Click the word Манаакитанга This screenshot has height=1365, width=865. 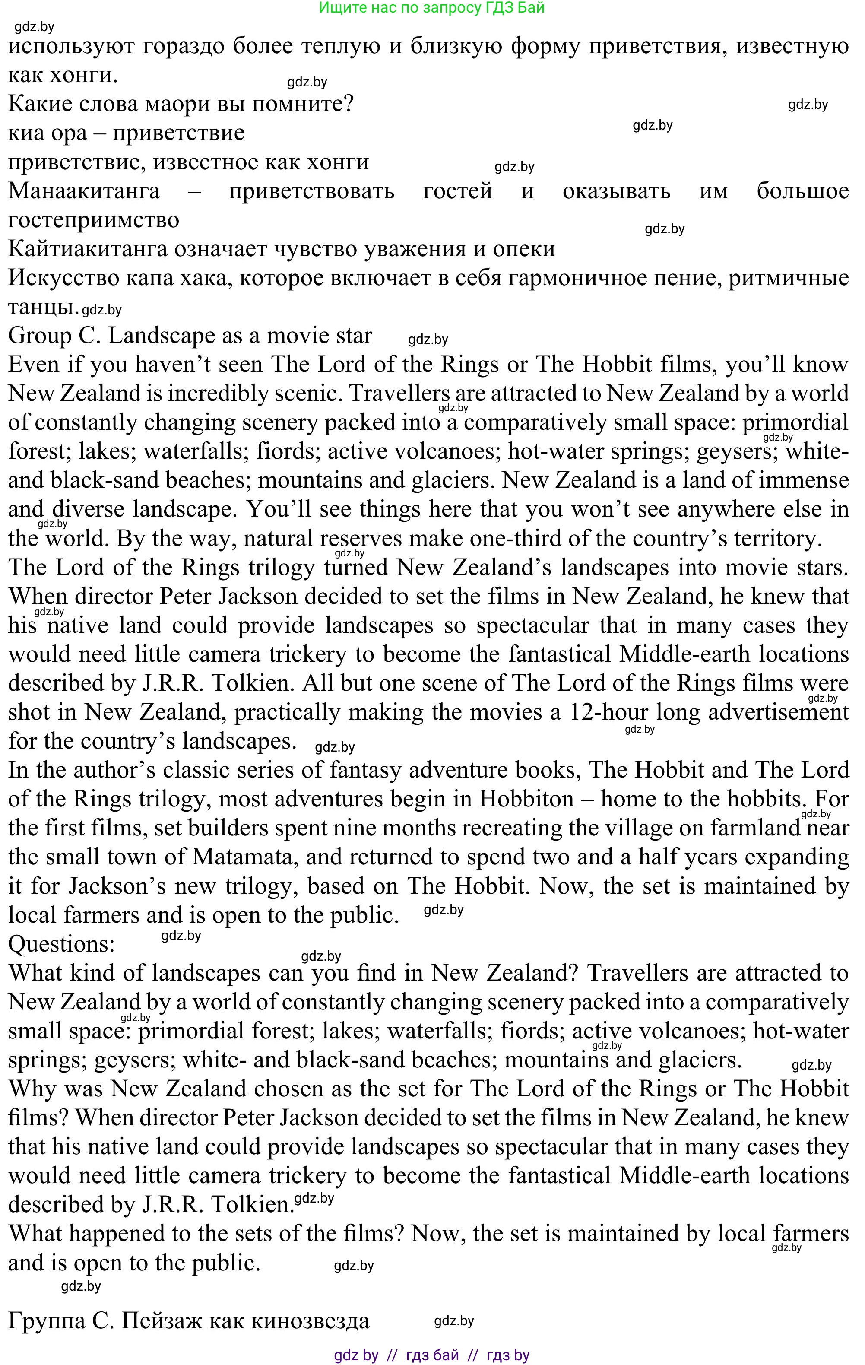pyautogui.click(x=84, y=190)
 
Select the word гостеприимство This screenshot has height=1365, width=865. pyautogui.click(x=94, y=220)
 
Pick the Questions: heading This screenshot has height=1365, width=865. pyautogui.click(x=61, y=944)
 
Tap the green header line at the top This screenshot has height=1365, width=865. pyautogui.click(x=431, y=8)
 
